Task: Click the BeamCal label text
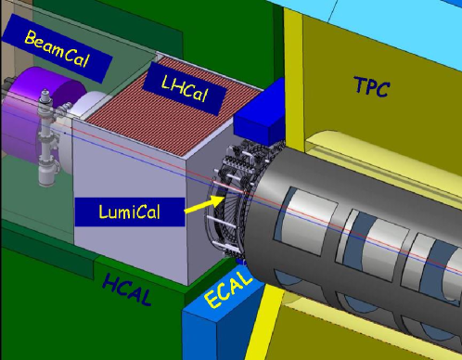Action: pos(57,48)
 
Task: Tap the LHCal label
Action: pos(185,88)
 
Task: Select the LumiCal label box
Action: pos(130,212)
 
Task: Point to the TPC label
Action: pos(372,86)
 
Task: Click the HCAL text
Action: pos(127,289)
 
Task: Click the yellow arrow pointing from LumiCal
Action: pos(204,205)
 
